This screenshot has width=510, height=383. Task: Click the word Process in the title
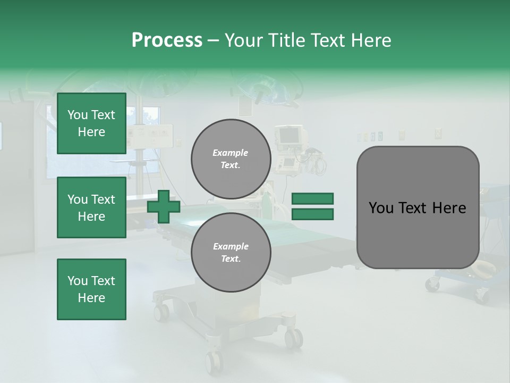tap(167, 40)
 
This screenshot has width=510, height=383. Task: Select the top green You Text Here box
tap(91, 123)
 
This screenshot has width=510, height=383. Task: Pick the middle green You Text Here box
tap(91, 207)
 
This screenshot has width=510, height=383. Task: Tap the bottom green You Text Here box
tap(91, 289)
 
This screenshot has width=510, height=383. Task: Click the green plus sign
tap(164, 207)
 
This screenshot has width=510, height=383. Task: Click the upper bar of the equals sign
tap(312, 198)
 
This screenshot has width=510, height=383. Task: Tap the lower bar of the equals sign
tap(312, 214)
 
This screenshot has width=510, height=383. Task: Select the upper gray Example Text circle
tap(231, 159)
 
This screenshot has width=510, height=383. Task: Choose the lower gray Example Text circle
tap(231, 252)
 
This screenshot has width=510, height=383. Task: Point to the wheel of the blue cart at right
tap(481, 294)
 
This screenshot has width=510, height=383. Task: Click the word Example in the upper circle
tap(231, 153)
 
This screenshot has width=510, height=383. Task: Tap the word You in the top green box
tap(78, 115)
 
